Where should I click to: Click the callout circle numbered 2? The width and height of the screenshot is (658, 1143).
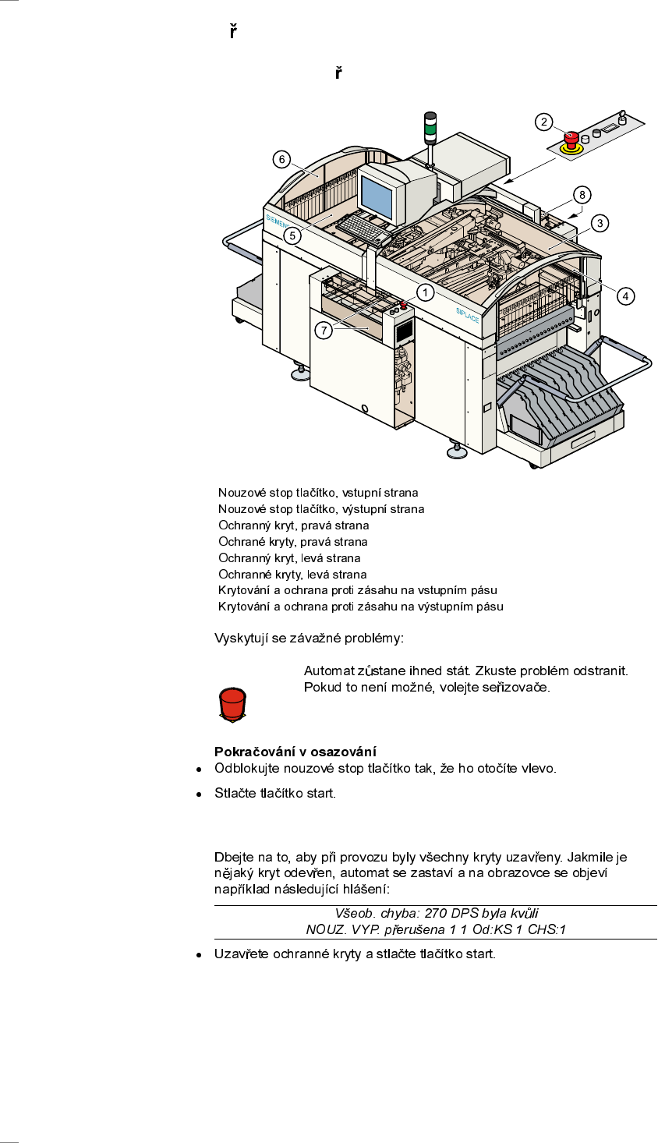tap(543, 122)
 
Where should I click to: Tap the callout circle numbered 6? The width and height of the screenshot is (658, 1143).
tap(282, 159)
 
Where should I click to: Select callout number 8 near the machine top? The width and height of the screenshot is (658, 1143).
tap(581, 194)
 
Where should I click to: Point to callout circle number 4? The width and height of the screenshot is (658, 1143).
tap(625, 296)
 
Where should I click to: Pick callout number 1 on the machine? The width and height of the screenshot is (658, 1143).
tap(425, 293)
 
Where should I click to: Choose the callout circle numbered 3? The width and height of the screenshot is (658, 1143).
tap(600, 223)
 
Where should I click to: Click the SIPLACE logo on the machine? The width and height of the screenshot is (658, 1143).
tap(467, 315)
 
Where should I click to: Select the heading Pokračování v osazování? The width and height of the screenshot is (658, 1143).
tap(295, 752)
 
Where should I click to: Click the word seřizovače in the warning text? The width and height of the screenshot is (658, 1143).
tap(521, 687)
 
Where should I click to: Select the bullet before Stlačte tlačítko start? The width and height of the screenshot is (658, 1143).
tap(200, 794)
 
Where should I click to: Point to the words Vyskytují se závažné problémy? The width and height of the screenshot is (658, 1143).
tap(309, 639)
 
